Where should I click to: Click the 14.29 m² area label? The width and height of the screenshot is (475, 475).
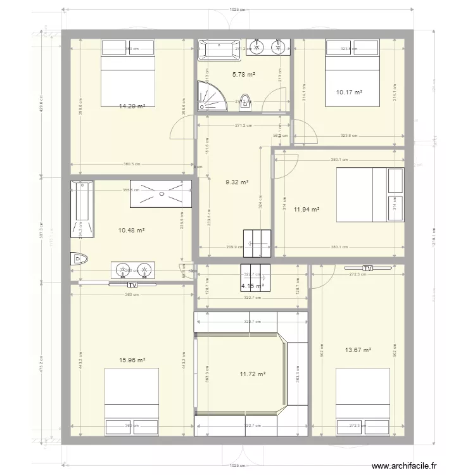point(132,107)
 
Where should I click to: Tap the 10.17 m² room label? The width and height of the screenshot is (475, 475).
point(349,92)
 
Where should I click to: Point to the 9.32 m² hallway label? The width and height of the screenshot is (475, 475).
point(236,182)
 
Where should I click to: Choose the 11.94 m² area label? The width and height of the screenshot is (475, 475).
point(306,209)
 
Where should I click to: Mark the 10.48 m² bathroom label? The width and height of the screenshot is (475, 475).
point(132,231)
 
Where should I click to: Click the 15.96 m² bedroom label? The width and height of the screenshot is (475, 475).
point(132,360)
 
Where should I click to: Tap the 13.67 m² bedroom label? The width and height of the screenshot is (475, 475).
point(358,350)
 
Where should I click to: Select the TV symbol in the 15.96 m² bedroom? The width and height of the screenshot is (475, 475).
point(132,285)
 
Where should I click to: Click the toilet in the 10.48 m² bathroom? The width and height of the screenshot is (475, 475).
point(78,258)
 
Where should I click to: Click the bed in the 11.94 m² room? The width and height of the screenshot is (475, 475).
point(369,195)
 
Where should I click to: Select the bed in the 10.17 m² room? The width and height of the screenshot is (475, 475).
point(353,72)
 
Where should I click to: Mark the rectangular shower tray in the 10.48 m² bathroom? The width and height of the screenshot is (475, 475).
point(161,193)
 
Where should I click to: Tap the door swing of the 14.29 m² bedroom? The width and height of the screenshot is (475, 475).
point(179,129)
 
